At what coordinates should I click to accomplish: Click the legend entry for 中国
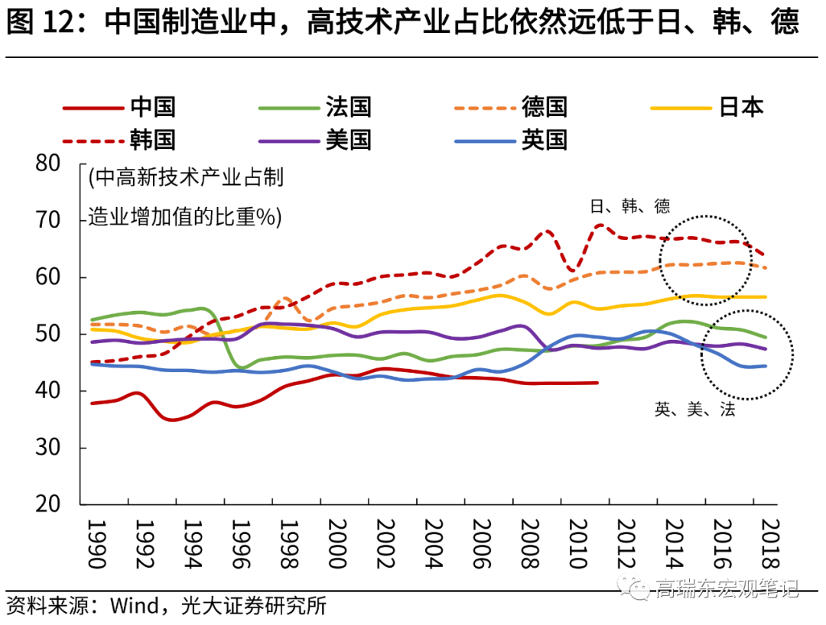[152, 107]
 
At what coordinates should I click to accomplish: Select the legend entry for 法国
[348, 107]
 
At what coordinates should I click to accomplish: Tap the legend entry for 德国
[544, 107]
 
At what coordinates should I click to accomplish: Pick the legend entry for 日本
[741, 107]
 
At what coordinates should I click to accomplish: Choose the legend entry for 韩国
[152, 140]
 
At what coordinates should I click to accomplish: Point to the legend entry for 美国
[348, 140]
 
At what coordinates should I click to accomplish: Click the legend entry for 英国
[544, 140]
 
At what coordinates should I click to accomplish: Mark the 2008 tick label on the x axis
[528, 544]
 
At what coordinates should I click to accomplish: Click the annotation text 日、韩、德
[629, 206]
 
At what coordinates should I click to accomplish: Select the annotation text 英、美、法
[694, 410]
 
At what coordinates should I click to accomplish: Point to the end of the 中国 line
[597, 383]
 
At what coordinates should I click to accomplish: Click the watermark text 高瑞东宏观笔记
[727, 589]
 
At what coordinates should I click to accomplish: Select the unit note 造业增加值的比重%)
[184, 217]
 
